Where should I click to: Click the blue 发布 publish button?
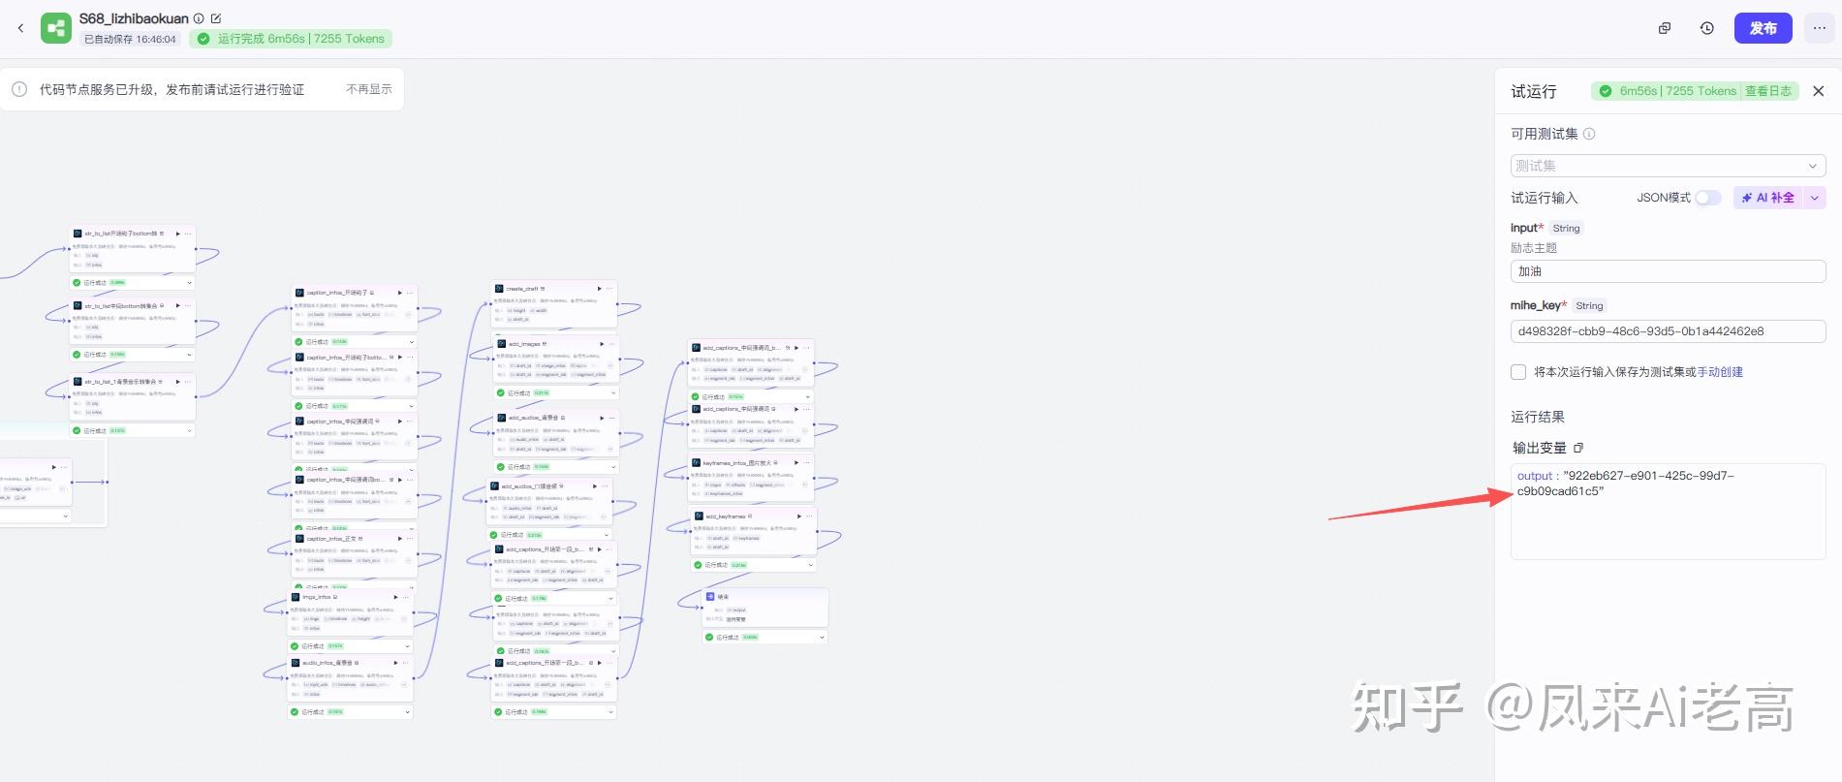click(x=1763, y=28)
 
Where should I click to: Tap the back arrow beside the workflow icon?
click(x=20, y=28)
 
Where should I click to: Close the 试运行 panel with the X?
click(x=1818, y=91)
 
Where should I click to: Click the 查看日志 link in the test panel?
click(x=1768, y=91)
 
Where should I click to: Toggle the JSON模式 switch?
click(x=1707, y=198)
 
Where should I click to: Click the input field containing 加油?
click(x=1667, y=271)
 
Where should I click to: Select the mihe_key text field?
click(x=1667, y=331)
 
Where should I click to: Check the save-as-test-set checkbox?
click(x=1518, y=372)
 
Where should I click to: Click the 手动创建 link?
click(x=1720, y=372)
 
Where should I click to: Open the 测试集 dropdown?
click(x=1667, y=166)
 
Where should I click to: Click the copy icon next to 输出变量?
click(x=1578, y=448)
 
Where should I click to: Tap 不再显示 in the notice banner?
click(x=369, y=89)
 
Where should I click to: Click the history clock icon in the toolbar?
click(x=1707, y=28)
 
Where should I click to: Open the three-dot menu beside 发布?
click(x=1819, y=28)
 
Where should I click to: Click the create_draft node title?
click(x=522, y=289)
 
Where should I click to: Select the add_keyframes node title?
click(x=725, y=516)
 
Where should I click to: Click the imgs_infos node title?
click(x=317, y=597)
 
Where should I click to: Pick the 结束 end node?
click(x=723, y=597)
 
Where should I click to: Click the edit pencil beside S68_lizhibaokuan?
click(x=216, y=18)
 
